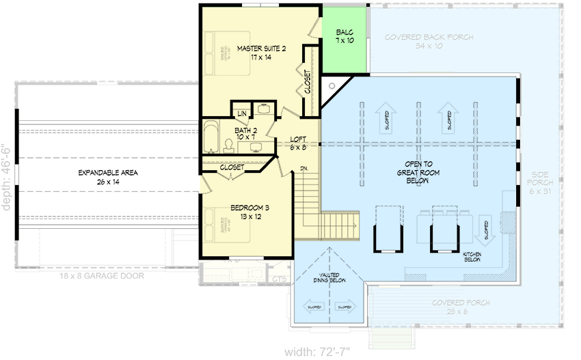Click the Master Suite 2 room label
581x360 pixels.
260,53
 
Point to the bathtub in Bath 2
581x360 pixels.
210,135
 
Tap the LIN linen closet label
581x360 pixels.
241,113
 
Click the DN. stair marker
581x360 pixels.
303,168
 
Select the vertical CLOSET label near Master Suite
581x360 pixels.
307,83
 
